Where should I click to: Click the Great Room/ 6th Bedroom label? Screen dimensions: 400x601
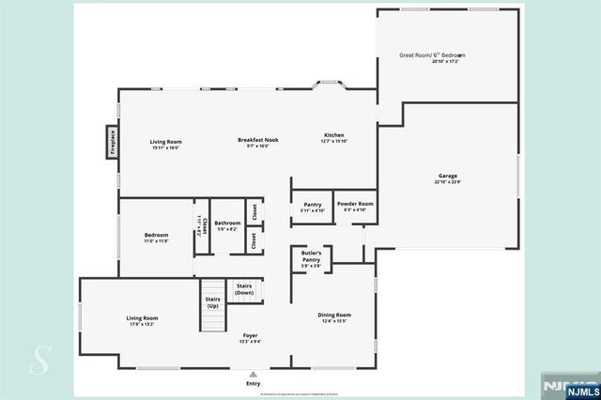(x=432, y=55)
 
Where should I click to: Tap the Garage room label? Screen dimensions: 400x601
(x=447, y=176)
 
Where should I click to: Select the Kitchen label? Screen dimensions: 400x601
(x=334, y=135)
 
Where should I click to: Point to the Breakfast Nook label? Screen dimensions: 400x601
(x=257, y=141)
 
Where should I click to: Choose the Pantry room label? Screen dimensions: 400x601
(x=312, y=204)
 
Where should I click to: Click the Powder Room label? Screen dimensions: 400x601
(x=355, y=204)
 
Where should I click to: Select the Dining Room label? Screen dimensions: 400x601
(x=335, y=315)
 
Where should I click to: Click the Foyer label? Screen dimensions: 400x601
(x=251, y=335)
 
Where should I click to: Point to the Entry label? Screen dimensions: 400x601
(x=254, y=383)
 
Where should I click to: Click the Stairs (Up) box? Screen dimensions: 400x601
(x=211, y=302)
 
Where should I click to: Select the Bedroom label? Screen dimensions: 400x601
(x=156, y=235)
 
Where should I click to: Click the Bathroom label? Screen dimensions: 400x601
(x=228, y=223)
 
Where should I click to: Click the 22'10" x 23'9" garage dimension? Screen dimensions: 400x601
(x=447, y=183)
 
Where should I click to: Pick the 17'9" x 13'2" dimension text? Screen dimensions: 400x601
(x=143, y=326)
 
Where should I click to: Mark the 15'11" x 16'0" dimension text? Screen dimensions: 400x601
(x=165, y=147)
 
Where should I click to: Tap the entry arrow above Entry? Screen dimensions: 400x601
(x=254, y=371)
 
